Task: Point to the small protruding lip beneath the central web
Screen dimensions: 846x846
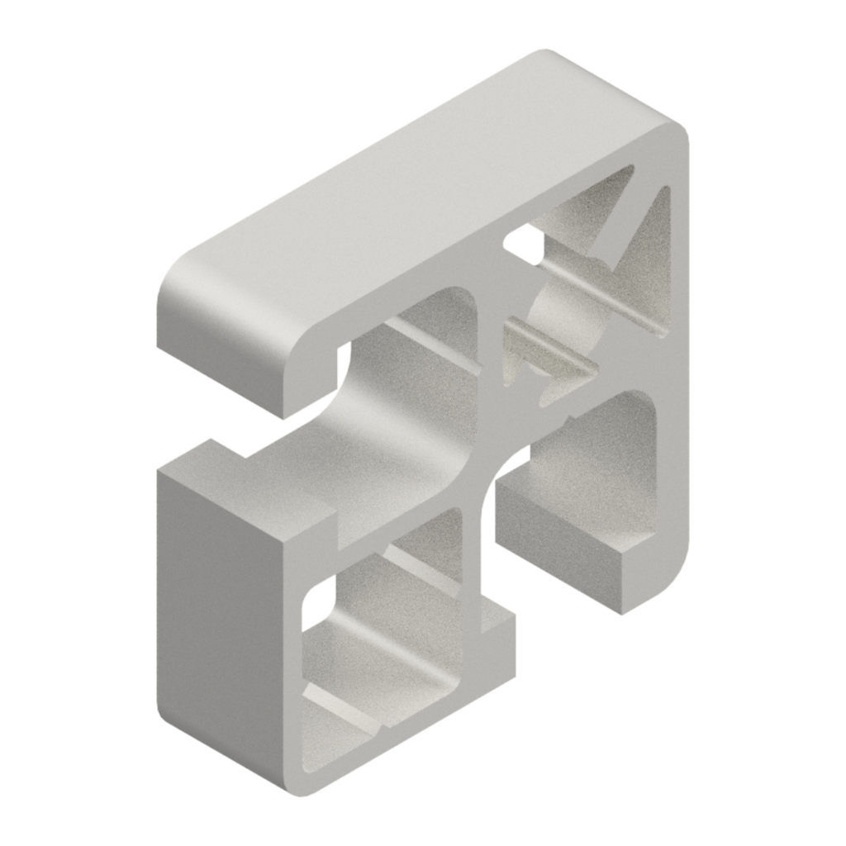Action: (496, 628)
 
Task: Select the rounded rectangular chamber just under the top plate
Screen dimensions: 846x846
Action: (438, 330)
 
